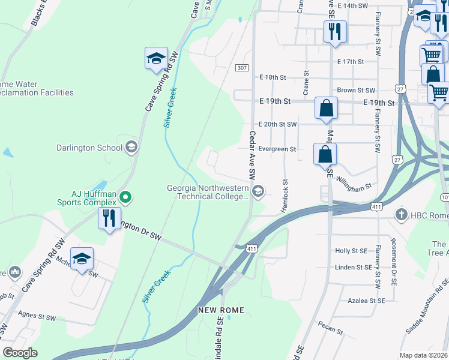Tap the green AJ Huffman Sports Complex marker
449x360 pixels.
(125, 196)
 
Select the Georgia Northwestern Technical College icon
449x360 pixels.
(258, 192)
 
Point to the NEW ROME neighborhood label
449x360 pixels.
(219, 310)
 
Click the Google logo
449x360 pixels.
(20, 353)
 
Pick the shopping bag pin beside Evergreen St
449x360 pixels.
(325, 154)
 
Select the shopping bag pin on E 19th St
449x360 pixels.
(326, 109)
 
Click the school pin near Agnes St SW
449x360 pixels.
(82, 259)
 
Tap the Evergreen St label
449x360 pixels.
(277, 149)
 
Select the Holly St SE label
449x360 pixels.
(351, 251)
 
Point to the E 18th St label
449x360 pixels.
(273, 77)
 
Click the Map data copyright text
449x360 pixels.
(423, 355)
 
